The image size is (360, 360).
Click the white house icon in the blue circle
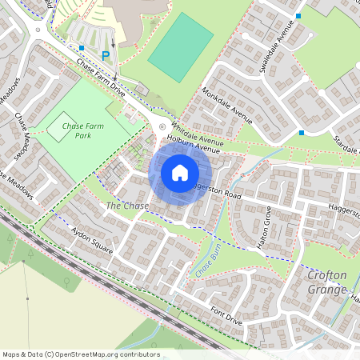click(x=180, y=172)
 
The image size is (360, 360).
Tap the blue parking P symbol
click(x=106, y=55)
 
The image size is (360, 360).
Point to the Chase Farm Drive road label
click(x=101, y=75)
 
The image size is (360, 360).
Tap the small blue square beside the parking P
click(x=82, y=48)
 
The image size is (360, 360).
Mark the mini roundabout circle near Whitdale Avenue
click(x=162, y=126)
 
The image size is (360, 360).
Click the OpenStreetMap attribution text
click(x=80, y=354)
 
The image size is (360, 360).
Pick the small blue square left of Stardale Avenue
click(x=302, y=133)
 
